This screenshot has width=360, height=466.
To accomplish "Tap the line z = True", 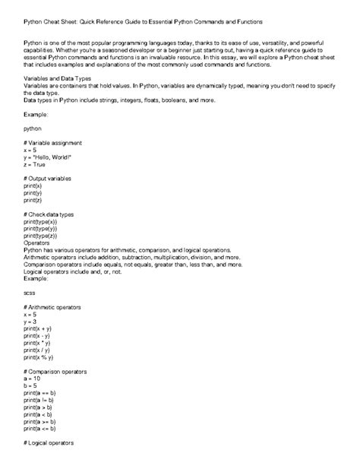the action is [34, 164].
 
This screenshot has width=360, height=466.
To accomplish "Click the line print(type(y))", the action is [40, 228].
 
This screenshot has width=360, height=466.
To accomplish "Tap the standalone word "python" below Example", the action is [33, 128].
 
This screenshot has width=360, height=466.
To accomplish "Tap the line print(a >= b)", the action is [41, 420].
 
